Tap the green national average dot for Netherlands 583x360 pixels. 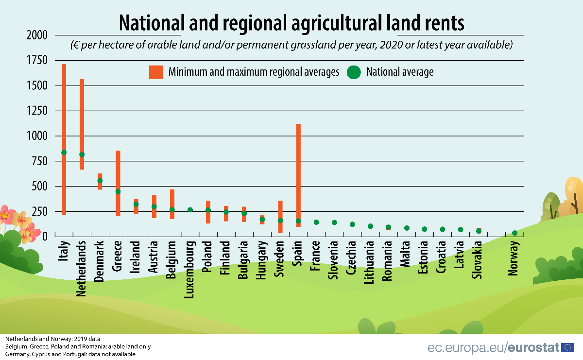(x=82, y=154)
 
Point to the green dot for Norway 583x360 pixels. (x=514, y=233)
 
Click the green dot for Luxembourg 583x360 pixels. (x=190, y=210)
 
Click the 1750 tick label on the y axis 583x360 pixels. (x=37, y=60)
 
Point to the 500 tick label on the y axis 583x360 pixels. (x=40, y=187)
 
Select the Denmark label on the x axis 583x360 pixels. (x=100, y=261)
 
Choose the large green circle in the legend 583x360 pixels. (x=354, y=72)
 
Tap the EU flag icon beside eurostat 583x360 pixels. (x=567, y=347)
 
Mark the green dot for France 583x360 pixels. (x=316, y=222)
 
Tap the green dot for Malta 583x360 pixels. (x=407, y=228)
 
